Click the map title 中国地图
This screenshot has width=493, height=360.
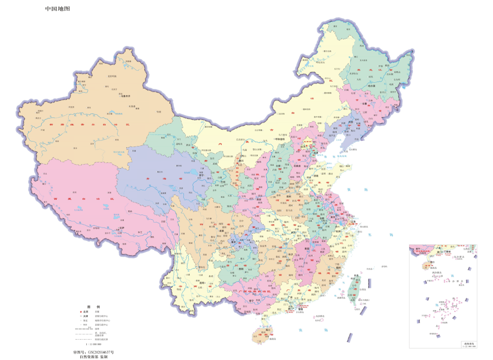(x=57, y=8)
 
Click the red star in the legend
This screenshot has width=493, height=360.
(x=81, y=311)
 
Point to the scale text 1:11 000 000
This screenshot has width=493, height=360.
(x=94, y=344)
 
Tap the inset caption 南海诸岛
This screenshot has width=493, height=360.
(x=469, y=343)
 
